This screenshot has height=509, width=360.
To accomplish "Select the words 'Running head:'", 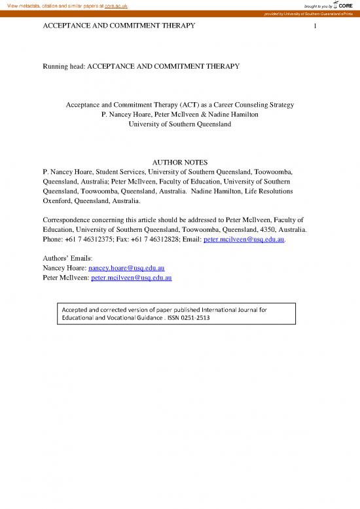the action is tap(63, 66).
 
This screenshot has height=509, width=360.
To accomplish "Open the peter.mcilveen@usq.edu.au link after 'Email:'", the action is tap(245, 240).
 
